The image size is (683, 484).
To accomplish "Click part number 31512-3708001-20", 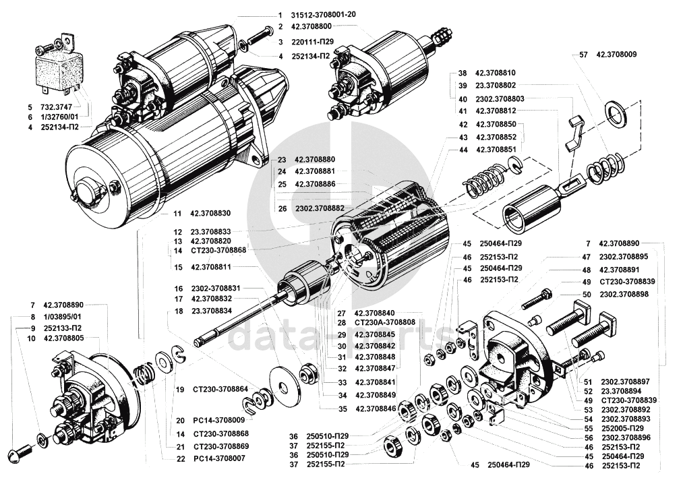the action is click(324, 14).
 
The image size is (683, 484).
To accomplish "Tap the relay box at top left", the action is click(59, 68).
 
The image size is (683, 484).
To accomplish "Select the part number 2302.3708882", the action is click(320, 208).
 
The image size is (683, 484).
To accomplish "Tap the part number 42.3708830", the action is click(210, 214).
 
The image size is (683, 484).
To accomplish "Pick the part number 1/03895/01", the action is click(62, 317).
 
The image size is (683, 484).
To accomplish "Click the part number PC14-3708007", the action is click(216, 458).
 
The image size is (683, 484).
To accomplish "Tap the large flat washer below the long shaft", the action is click(285, 385).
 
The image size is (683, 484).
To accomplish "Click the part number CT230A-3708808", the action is click(385, 323).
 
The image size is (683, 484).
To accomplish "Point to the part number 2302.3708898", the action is click(624, 294).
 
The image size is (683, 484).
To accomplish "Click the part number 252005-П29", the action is click(622, 428).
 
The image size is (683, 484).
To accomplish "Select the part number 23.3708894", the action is click(622, 391).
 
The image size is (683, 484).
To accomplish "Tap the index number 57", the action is click(584, 55).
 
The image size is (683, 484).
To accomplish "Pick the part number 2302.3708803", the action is click(500, 99).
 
